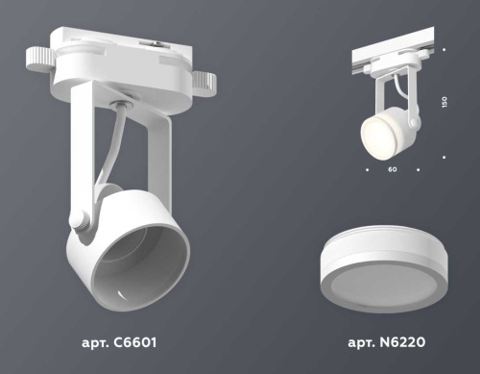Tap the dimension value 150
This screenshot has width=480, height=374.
pos(444,103)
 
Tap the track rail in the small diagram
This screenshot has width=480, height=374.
pos(394,56)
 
